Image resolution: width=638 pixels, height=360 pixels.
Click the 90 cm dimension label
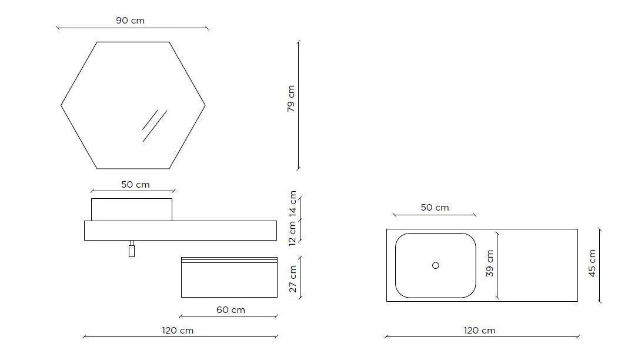tap(130, 21)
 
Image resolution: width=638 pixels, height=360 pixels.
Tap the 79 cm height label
tap(291, 99)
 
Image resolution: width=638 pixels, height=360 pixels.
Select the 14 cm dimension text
tap(293, 204)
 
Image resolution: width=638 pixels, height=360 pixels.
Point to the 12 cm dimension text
tap(293, 234)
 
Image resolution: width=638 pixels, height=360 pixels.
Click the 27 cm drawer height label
tap(293, 279)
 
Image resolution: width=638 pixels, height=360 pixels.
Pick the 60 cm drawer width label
tap(231, 310)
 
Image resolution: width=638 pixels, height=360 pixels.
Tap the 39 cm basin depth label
tap(489, 264)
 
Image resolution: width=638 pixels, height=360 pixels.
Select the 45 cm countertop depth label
tap(592, 264)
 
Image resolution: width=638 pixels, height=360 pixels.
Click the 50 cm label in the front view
tap(135, 185)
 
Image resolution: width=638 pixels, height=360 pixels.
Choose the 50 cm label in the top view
tap(435, 208)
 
